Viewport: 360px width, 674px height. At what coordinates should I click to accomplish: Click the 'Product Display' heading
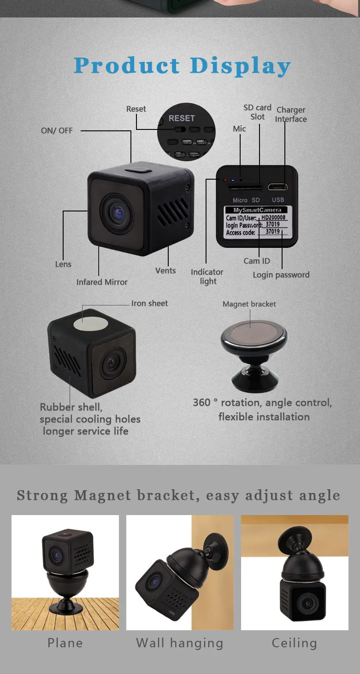click(182, 66)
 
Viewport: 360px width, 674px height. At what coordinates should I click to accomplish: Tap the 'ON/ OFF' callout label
click(57, 131)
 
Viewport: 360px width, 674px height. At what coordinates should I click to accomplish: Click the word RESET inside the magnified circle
click(182, 118)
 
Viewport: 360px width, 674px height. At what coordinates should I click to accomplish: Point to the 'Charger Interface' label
click(291, 114)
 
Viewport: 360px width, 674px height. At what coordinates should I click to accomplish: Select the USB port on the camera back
click(278, 188)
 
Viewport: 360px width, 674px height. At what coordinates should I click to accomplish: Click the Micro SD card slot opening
click(245, 188)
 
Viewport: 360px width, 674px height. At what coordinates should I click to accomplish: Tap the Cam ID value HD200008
click(273, 217)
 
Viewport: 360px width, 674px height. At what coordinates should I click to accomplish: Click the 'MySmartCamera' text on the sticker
click(257, 210)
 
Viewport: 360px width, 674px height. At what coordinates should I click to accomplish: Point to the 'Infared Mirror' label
click(102, 282)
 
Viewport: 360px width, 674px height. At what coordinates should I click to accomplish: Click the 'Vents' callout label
click(165, 270)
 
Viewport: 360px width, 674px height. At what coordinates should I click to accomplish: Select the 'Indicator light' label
click(207, 276)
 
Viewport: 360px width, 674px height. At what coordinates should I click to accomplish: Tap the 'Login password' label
click(281, 275)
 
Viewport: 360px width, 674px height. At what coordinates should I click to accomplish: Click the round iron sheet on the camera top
click(90, 323)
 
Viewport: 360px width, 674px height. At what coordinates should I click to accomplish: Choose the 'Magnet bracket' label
click(249, 304)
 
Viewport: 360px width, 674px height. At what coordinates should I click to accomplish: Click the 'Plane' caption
click(65, 643)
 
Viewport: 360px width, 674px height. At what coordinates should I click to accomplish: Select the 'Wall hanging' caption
click(180, 643)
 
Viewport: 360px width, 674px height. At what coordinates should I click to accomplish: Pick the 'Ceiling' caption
click(294, 643)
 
